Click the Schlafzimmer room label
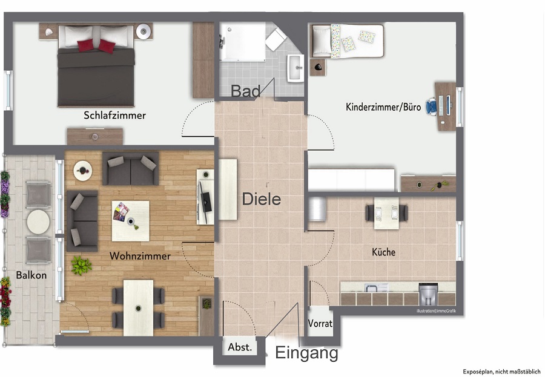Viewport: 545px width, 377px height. click(114, 116)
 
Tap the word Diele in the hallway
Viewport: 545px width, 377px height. click(262, 199)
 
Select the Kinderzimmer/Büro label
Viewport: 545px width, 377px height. click(383, 107)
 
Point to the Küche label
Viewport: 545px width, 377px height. click(383, 252)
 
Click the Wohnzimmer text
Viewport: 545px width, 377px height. click(140, 256)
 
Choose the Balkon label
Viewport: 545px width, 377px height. click(31, 275)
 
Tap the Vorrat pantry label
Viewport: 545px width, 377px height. click(320, 324)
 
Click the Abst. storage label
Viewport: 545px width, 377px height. click(239, 347)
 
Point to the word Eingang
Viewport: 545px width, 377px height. click(306, 353)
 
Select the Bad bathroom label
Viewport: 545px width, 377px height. click(245, 91)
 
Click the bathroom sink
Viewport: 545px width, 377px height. click(296, 68)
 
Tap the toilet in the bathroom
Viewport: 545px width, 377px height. click(276, 39)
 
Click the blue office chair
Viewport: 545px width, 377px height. click(431, 107)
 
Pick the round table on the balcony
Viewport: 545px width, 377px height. click(38, 221)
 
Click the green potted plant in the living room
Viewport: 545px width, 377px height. click(81, 266)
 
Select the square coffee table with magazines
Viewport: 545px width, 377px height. click(130, 221)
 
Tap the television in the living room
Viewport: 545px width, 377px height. click(206, 202)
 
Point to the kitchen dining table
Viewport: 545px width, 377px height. click(386, 214)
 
